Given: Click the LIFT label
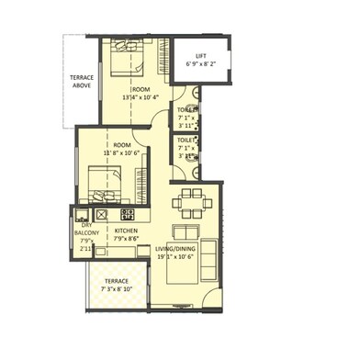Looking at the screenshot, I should pyautogui.click(x=199, y=56).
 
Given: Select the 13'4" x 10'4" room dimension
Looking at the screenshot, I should pyautogui.click(x=141, y=96).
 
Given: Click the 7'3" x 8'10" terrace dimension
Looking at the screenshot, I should pyautogui.click(x=116, y=288).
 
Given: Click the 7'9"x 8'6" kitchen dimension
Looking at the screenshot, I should pyautogui.click(x=127, y=238).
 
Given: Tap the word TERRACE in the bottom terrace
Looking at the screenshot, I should pyautogui.click(x=116, y=279).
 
